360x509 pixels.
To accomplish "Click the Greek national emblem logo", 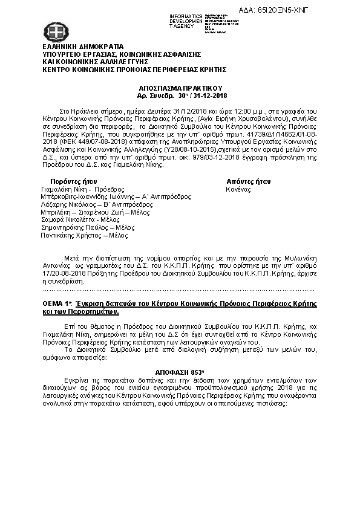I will pyautogui.click(x=53, y=31).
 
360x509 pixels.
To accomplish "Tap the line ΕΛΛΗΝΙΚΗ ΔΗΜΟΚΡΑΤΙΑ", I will pyautogui.click(x=83, y=47).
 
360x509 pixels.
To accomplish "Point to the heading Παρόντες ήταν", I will pyautogui.click(x=74, y=181).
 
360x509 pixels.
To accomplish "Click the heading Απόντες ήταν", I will pyautogui.click(x=248, y=181).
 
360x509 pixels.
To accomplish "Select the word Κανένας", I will pyautogui.click(x=238, y=189).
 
